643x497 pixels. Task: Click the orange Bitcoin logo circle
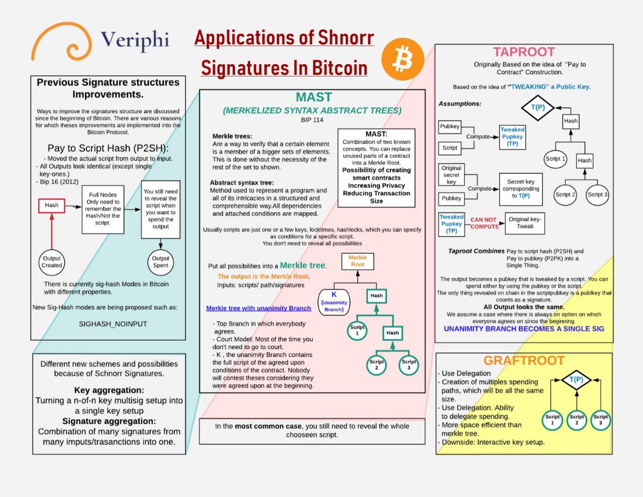point(403,59)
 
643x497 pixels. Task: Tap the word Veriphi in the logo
point(135,40)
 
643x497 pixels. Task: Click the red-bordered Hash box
point(51,206)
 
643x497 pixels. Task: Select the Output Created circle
point(51,262)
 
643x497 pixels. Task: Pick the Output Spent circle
point(160,262)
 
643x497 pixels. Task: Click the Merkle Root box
point(358,261)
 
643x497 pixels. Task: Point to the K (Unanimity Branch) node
point(334,302)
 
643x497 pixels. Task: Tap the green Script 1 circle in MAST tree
point(357,330)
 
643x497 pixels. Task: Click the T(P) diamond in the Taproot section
point(538,108)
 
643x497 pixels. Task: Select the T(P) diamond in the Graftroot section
point(576,379)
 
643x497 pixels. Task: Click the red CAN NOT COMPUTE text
point(484,223)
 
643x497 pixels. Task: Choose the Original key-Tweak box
point(524,223)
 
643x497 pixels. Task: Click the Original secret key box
point(451,175)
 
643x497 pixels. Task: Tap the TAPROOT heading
point(524,52)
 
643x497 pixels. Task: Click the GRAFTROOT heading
point(524,360)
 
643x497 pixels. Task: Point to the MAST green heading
point(313,97)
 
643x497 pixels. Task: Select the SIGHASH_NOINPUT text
point(113,324)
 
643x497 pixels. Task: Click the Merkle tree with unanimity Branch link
point(258,308)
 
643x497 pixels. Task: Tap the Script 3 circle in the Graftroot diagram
point(600,420)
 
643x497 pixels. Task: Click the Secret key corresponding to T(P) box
point(520,189)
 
